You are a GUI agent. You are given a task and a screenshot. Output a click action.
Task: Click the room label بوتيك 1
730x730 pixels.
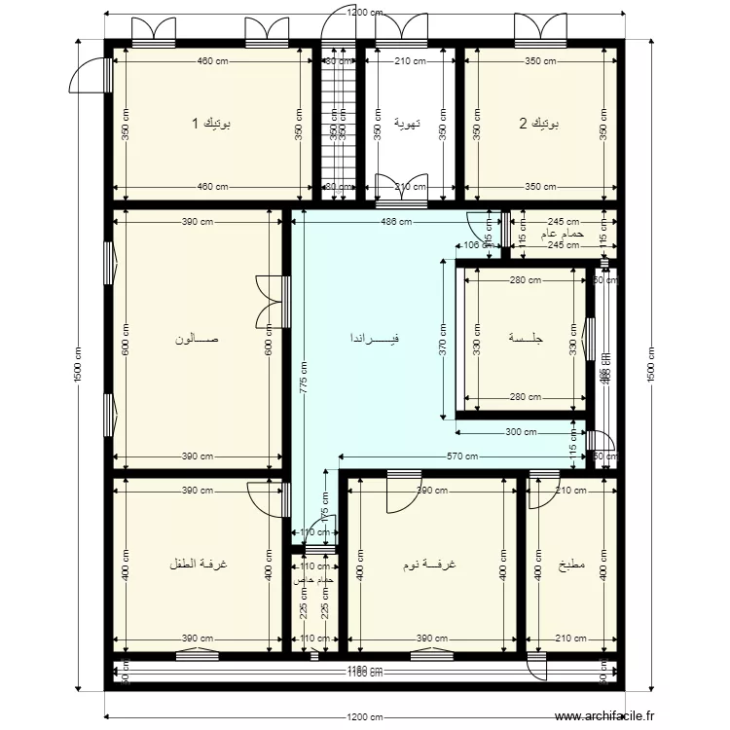210,124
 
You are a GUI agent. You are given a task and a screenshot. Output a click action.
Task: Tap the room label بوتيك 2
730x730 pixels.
538,124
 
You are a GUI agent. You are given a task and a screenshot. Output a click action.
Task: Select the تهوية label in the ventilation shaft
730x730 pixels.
407,124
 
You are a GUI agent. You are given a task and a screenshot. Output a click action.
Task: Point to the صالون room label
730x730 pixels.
197,340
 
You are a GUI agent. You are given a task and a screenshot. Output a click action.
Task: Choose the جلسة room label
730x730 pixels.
525,339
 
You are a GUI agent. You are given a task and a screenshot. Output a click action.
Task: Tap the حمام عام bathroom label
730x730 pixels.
563,235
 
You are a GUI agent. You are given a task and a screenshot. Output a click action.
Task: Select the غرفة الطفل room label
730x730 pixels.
198,565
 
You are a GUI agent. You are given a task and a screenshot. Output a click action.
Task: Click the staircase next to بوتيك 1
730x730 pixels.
339,124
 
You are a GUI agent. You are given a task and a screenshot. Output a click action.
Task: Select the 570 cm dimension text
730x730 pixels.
461,456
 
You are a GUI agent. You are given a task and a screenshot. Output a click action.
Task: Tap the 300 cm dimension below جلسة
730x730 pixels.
522,432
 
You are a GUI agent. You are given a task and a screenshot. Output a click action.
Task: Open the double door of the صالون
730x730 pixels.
270,302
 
